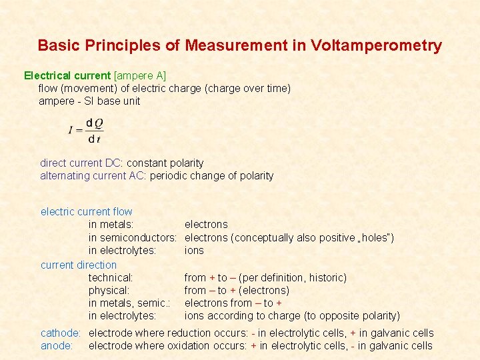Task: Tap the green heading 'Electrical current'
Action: pos(67,75)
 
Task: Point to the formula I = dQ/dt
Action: pos(87,131)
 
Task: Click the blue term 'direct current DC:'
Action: pos(82,163)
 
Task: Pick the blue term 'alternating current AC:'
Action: pos(93,176)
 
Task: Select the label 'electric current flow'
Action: pos(87,212)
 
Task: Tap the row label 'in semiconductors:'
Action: pos(132,238)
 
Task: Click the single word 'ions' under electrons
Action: pos(194,251)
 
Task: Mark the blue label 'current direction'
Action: pos(79,265)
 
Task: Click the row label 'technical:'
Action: pos(111,277)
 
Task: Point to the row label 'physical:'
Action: pos(109,291)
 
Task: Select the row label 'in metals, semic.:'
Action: pos(129,303)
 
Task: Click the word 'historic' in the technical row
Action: pos(326,277)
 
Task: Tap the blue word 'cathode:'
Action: pos(61,333)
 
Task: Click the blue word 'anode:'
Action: pos(57,346)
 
